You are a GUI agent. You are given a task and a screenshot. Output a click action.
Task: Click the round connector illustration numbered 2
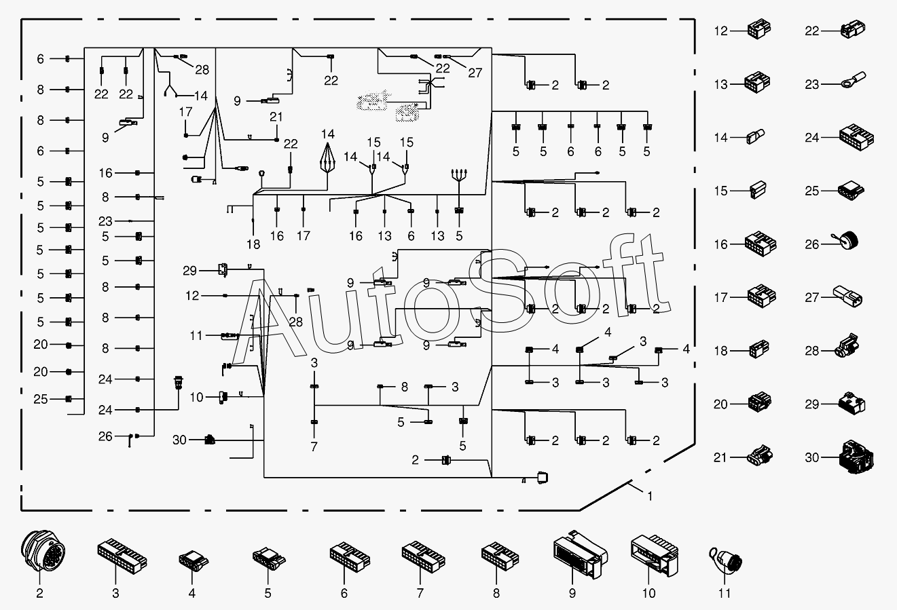43,550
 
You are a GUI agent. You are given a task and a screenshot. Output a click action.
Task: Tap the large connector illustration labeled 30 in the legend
856,457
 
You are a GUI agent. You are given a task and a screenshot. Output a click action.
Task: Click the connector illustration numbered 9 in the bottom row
581,554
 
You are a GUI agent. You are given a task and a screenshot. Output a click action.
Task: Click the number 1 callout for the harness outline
650,496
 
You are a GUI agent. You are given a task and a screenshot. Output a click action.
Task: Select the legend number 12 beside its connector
721,31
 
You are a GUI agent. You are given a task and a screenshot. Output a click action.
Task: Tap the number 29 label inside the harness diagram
190,271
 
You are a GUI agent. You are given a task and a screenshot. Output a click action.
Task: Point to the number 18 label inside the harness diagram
253,244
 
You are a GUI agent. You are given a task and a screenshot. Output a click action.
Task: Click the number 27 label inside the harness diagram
475,73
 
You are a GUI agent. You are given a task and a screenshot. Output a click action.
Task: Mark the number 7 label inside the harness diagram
314,446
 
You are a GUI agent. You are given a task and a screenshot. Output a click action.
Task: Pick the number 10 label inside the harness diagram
197,397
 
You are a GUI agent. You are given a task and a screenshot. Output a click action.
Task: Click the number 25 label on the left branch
41,399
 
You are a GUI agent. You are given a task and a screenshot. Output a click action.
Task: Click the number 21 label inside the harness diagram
276,117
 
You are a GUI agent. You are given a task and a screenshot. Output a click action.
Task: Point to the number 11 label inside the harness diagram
196,335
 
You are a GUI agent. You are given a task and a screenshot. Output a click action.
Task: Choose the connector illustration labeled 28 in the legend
847,345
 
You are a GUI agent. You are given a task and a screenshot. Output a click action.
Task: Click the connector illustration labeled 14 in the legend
755,136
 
